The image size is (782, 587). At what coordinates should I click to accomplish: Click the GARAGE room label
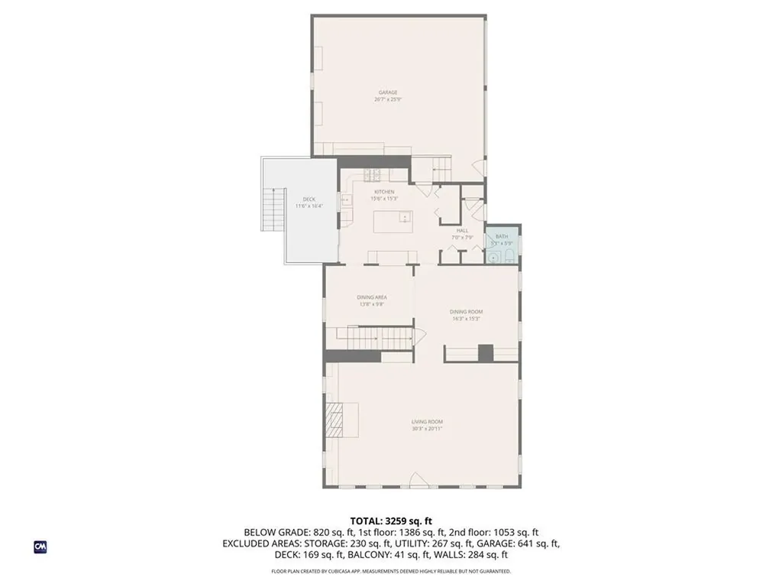pyautogui.click(x=388, y=92)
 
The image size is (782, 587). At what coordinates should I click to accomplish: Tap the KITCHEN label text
pyautogui.click(x=383, y=191)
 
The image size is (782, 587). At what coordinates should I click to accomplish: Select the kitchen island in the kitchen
pyautogui.click(x=392, y=222)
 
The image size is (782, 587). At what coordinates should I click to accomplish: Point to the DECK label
pyautogui.click(x=309, y=199)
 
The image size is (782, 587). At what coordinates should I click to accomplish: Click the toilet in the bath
pyautogui.click(x=510, y=258)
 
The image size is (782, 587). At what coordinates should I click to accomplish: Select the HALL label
pyautogui.click(x=462, y=230)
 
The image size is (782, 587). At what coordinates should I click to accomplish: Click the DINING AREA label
pyautogui.click(x=372, y=297)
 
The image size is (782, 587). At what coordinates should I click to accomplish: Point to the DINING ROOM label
pyautogui.click(x=466, y=311)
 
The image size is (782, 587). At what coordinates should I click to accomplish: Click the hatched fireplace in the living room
pyautogui.click(x=334, y=420)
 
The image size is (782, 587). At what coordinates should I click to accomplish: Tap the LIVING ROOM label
pyautogui.click(x=427, y=422)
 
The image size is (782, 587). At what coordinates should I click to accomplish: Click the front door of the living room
pyautogui.click(x=418, y=481)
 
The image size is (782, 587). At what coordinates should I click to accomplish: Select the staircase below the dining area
pyautogui.click(x=366, y=337)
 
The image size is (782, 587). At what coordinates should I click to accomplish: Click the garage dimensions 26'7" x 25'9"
pyautogui.click(x=388, y=99)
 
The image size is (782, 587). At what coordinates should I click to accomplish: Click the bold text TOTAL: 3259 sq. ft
pyautogui.click(x=390, y=521)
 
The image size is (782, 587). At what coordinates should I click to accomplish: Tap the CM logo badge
pyautogui.click(x=40, y=546)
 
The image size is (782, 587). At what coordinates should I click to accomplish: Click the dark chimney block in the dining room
pyautogui.click(x=485, y=352)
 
